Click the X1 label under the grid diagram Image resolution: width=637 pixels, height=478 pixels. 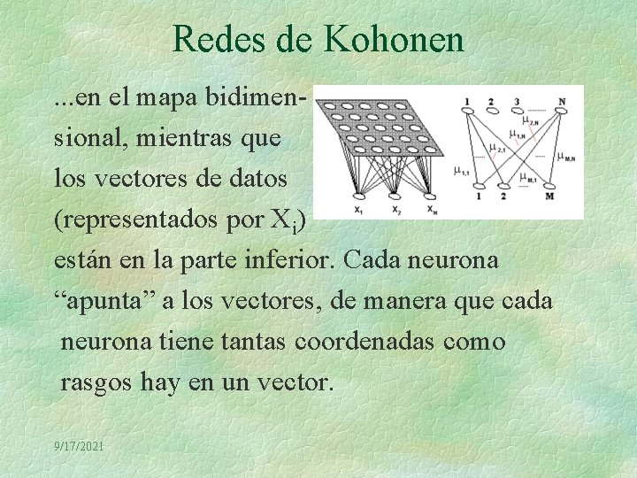pyautogui.click(x=357, y=211)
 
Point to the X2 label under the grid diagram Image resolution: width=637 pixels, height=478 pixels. pyautogui.click(x=395, y=211)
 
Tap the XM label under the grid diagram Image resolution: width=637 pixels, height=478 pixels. pyautogui.click(x=431, y=211)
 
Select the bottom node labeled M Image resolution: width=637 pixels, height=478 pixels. pyautogui.click(x=550, y=196)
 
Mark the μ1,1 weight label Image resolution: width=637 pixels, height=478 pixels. pyautogui.click(x=462, y=171)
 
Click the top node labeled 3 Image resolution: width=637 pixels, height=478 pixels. pyautogui.click(x=518, y=100)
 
